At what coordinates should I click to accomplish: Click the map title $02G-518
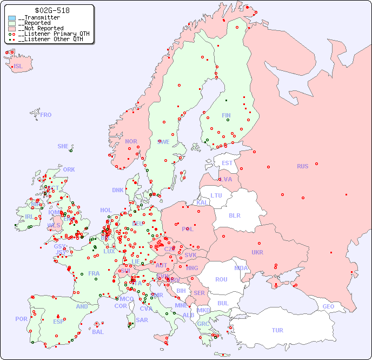(52, 10)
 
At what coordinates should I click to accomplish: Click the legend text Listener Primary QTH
(52, 34)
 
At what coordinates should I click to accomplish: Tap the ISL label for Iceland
(18, 67)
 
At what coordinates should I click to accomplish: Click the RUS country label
(302, 166)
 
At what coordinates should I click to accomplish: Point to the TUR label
(277, 330)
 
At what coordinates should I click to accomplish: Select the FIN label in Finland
(226, 115)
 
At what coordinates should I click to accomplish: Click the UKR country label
(257, 252)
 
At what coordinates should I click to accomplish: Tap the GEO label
(328, 306)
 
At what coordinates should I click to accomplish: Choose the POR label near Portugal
(21, 319)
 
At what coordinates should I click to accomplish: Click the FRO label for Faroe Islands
(45, 115)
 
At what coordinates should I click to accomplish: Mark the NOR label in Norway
(131, 141)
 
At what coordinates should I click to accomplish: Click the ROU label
(221, 279)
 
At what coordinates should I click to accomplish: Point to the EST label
(227, 163)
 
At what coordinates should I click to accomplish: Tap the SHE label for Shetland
(63, 146)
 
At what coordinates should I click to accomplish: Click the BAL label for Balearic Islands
(97, 332)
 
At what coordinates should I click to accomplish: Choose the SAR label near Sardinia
(142, 320)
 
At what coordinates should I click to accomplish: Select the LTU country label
(216, 195)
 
